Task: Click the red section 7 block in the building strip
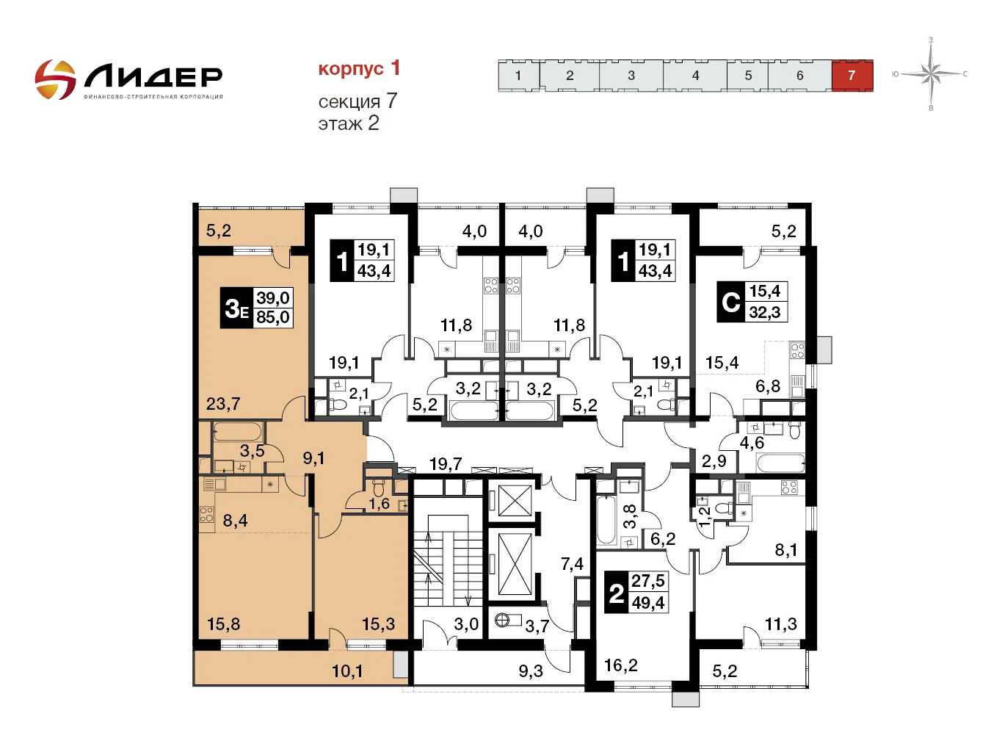tap(852, 76)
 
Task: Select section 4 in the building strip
tap(694, 76)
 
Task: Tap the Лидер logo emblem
tap(55, 79)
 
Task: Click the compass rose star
tap(931, 73)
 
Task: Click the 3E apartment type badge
tap(236, 308)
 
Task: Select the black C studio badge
tap(730, 302)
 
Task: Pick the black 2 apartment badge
tap(617, 593)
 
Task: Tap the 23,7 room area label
tap(222, 404)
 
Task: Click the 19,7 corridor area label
tap(446, 464)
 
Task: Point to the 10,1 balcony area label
tap(347, 670)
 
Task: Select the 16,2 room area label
tap(621, 665)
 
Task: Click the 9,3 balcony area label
tap(531, 670)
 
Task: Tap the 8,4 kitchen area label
tap(235, 520)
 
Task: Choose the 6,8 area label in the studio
tap(768, 386)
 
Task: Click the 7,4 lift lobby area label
tap(572, 564)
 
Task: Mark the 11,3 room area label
tap(780, 623)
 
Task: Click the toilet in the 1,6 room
tap(379, 488)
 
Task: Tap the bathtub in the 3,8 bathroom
tap(606, 521)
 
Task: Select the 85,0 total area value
tap(273, 317)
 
